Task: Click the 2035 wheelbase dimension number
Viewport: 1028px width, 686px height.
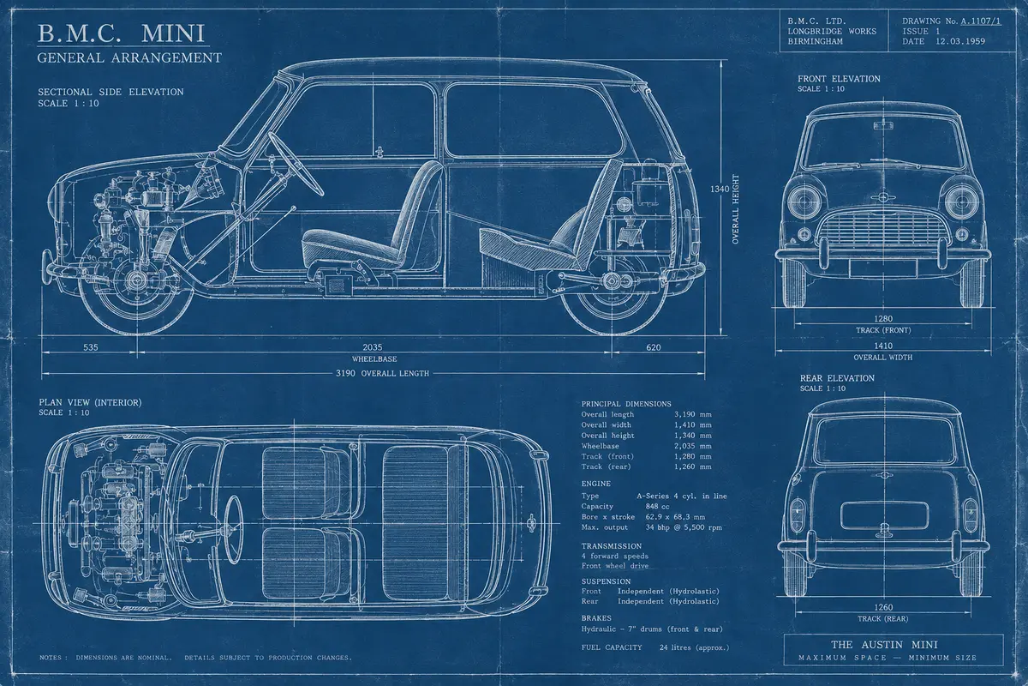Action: pos(372,347)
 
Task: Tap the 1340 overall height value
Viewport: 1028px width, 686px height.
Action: pos(720,189)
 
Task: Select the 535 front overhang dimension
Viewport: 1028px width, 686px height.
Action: pos(91,347)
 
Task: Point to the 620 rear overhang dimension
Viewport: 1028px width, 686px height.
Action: pos(654,347)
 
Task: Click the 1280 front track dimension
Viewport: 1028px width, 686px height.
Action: pos(883,318)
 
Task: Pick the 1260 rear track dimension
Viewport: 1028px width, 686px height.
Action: pos(883,607)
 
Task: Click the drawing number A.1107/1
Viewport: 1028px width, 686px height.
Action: pos(981,21)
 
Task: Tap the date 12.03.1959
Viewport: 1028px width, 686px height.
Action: pos(960,41)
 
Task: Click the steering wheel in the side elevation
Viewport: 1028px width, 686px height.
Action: pos(296,164)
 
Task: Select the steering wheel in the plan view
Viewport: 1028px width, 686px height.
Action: pos(233,529)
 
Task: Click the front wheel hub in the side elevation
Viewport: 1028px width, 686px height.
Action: pos(136,279)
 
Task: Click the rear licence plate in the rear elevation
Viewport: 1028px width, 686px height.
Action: pos(884,515)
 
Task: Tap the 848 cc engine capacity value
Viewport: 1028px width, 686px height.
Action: pos(657,506)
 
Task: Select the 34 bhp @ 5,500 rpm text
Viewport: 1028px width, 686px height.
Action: pos(684,527)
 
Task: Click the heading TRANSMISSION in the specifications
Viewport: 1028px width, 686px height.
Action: pos(612,546)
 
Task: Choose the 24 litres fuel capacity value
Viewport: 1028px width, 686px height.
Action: pos(694,648)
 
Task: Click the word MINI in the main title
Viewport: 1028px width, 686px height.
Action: pos(172,33)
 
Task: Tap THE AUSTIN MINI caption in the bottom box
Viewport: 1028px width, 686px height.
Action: pos(884,645)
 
